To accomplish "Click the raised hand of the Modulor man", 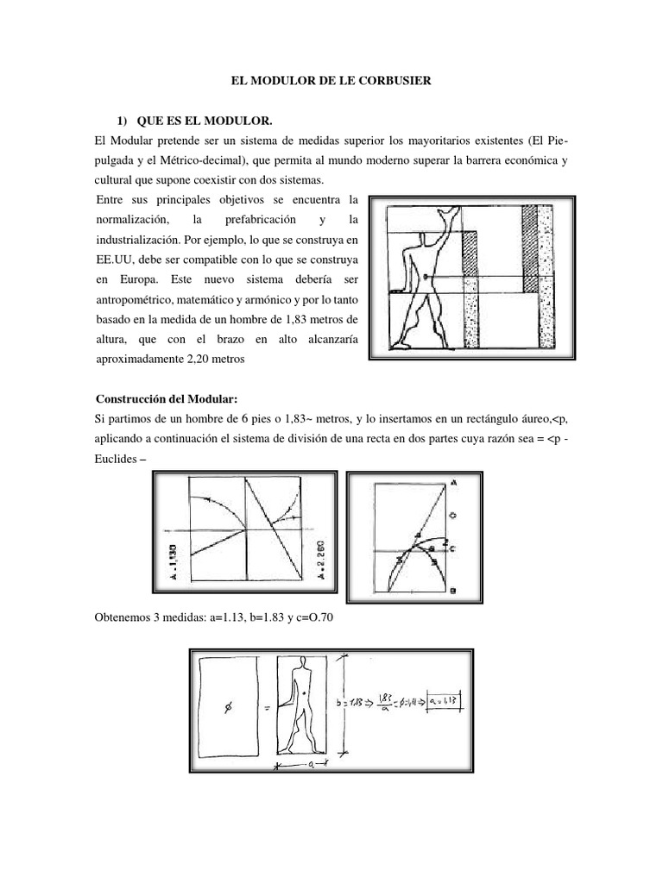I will click(447, 208).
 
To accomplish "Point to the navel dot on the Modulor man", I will click(427, 277).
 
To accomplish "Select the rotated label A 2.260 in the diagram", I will click(321, 563).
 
